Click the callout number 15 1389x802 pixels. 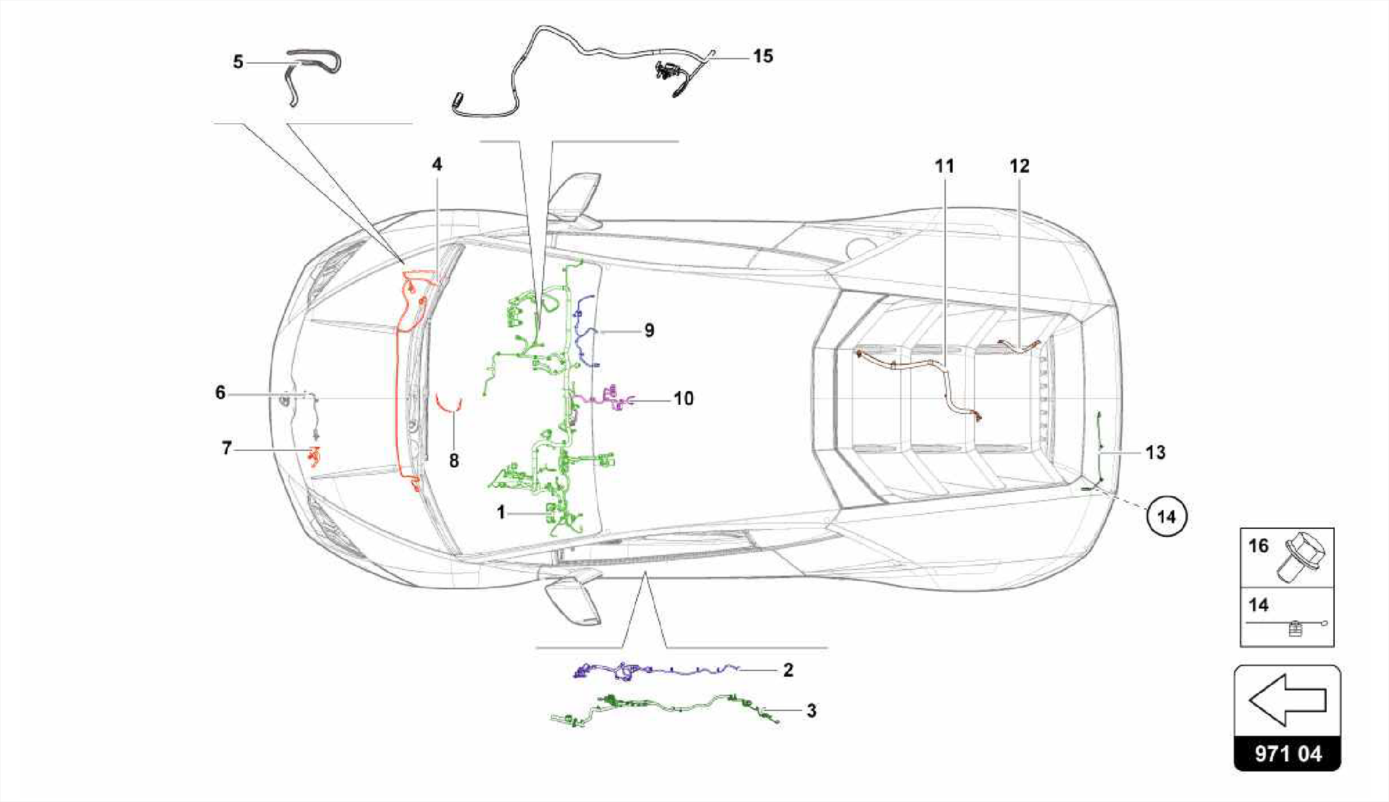tap(763, 56)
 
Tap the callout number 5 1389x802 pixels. tap(238, 62)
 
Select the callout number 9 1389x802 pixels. tap(649, 331)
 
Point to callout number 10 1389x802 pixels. tap(683, 399)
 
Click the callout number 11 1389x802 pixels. tap(944, 166)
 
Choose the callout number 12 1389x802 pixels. tap(1019, 166)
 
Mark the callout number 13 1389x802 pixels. tap(1155, 452)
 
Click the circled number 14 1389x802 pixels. tap(1166, 517)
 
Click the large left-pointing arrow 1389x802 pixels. tap(1287, 700)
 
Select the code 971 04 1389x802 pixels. tap(1287, 754)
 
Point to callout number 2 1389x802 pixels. tap(787, 670)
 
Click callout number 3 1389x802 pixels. tap(811, 711)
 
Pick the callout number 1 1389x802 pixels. tap(501, 513)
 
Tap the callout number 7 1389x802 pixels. tap(227, 448)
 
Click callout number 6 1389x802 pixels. tap(220, 393)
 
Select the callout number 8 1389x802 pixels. tap(454, 461)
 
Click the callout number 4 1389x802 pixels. tap(437, 165)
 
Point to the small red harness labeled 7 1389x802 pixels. tap(313, 456)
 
